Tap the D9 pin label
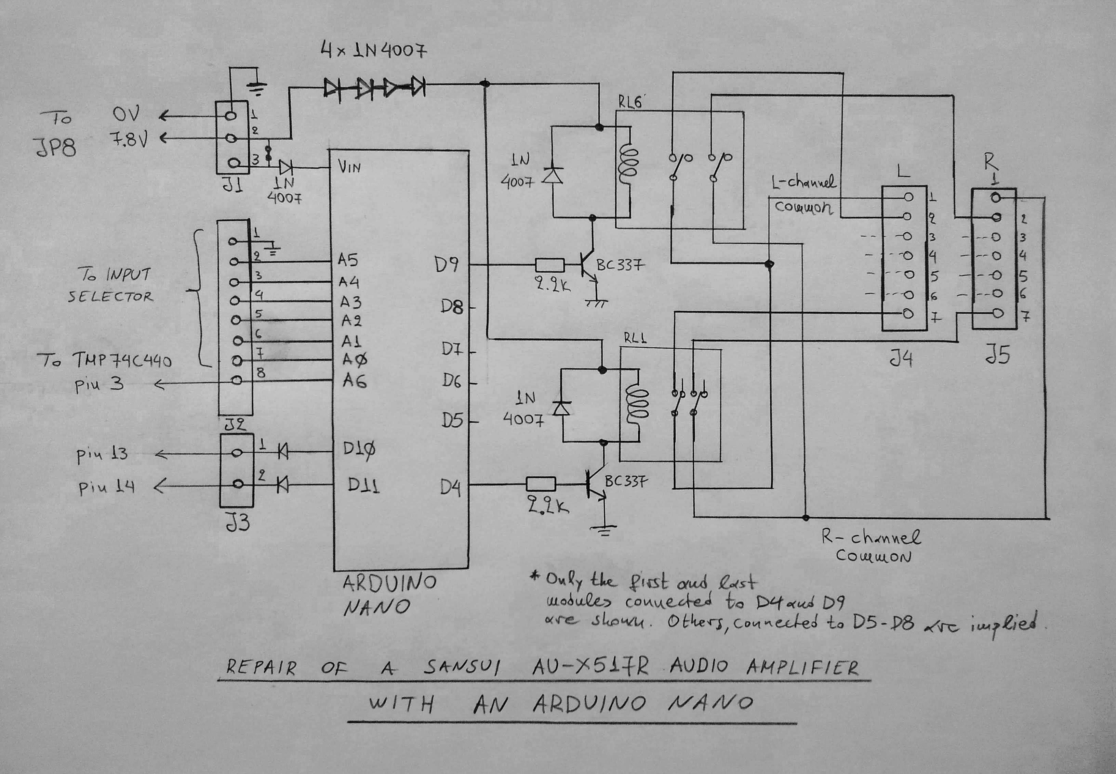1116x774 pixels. click(x=446, y=265)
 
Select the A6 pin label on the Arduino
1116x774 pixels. click(x=354, y=381)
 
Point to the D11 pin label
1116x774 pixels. click(x=363, y=486)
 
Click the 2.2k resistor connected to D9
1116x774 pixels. click(x=549, y=265)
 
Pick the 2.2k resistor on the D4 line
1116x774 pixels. click(x=541, y=484)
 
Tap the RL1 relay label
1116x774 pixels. click(x=635, y=338)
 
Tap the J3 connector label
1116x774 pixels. click(x=237, y=523)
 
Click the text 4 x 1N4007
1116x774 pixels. click(x=374, y=50)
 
